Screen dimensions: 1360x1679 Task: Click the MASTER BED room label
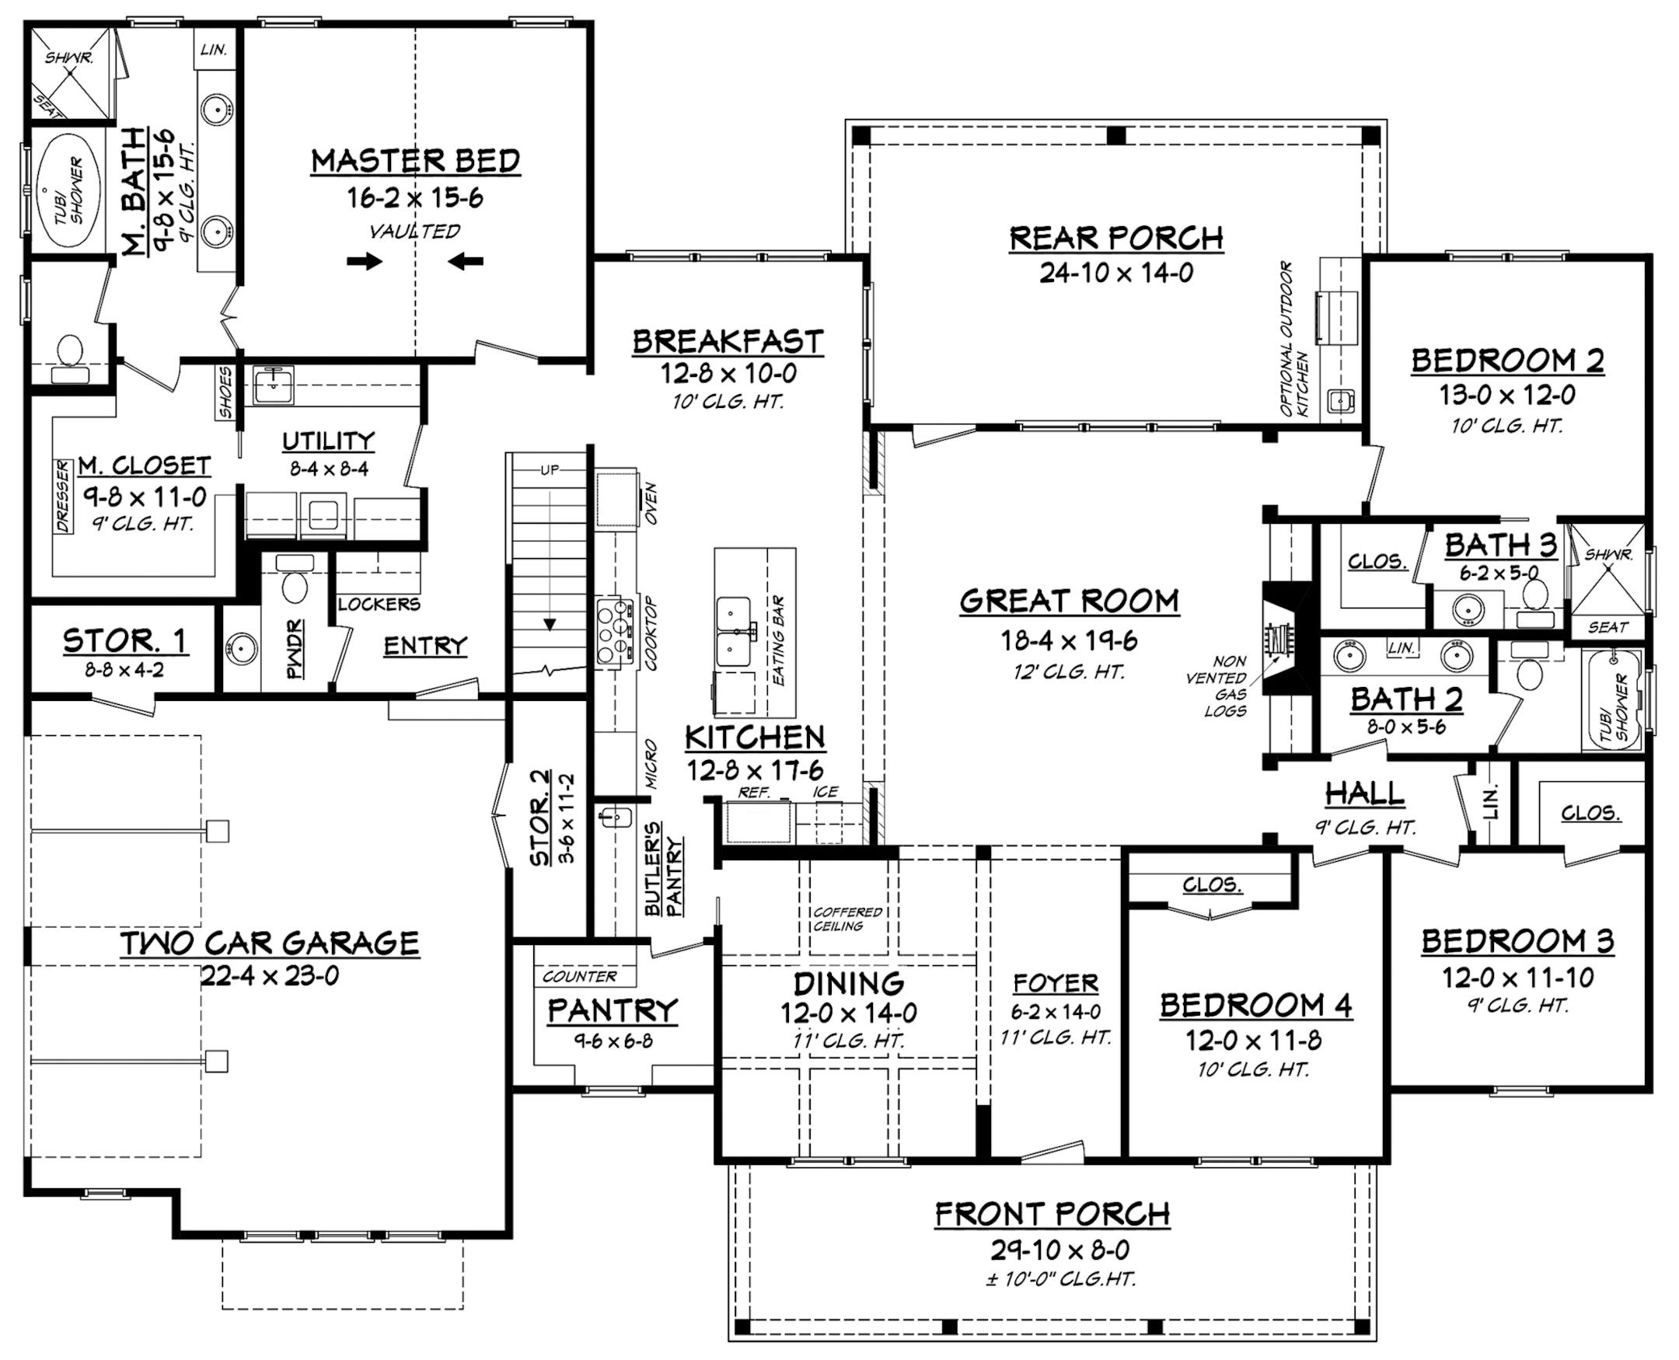pos(415,162)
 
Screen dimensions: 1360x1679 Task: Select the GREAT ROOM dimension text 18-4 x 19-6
pos(1069,641)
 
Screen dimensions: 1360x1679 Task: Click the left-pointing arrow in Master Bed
pos(466,262)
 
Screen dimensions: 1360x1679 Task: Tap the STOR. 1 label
pos(124,641)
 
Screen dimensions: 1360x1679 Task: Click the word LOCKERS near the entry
pos(379,605)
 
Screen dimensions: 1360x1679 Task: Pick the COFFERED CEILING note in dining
pos(848,919)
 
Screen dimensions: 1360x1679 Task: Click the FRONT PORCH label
pos(1052,1214)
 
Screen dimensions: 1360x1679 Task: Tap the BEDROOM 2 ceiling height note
pos(1506,427)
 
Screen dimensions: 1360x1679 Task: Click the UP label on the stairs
pos(550,470)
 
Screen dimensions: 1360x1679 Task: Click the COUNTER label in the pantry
pos(579,977)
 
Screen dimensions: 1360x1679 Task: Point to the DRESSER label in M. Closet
pos(64,496)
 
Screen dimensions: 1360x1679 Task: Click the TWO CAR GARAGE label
pos(270,943)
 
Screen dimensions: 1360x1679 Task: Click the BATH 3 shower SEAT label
pos(1607,626)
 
